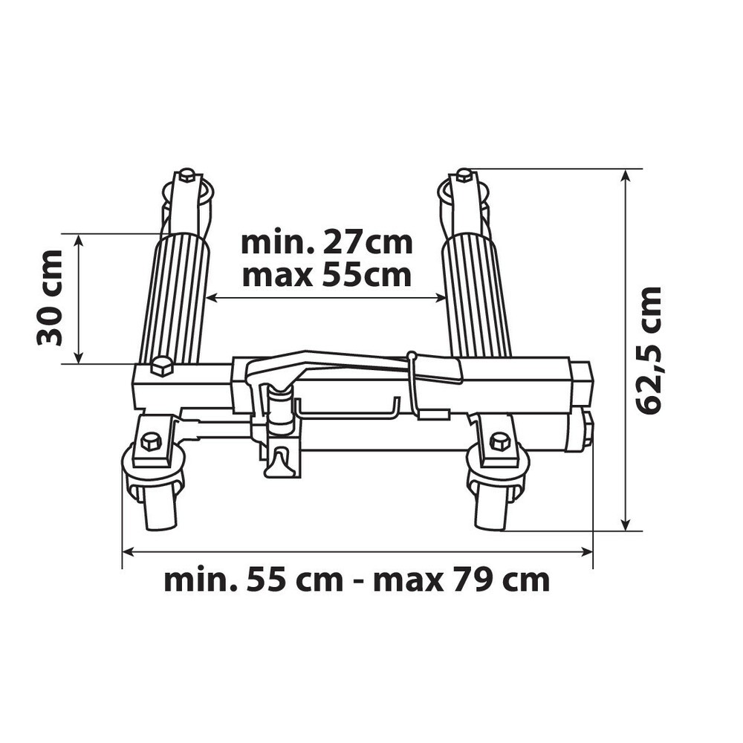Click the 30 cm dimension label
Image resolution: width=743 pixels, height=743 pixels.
point(49,298)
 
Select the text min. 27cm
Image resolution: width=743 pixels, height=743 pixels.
point(327,244)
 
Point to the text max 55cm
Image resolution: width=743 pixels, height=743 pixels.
point(327,276)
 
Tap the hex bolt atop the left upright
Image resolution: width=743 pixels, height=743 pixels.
point(186,176)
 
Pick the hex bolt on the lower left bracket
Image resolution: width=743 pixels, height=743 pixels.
point(152,442)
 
